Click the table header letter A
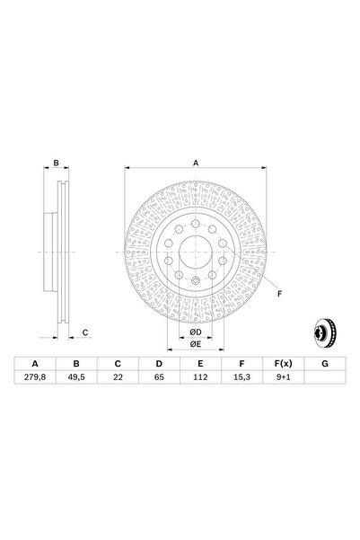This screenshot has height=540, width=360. [36, 364]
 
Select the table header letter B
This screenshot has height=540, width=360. [76, 364]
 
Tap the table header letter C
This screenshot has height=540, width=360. [117, 364]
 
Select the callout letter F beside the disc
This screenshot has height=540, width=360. [278, 294]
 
